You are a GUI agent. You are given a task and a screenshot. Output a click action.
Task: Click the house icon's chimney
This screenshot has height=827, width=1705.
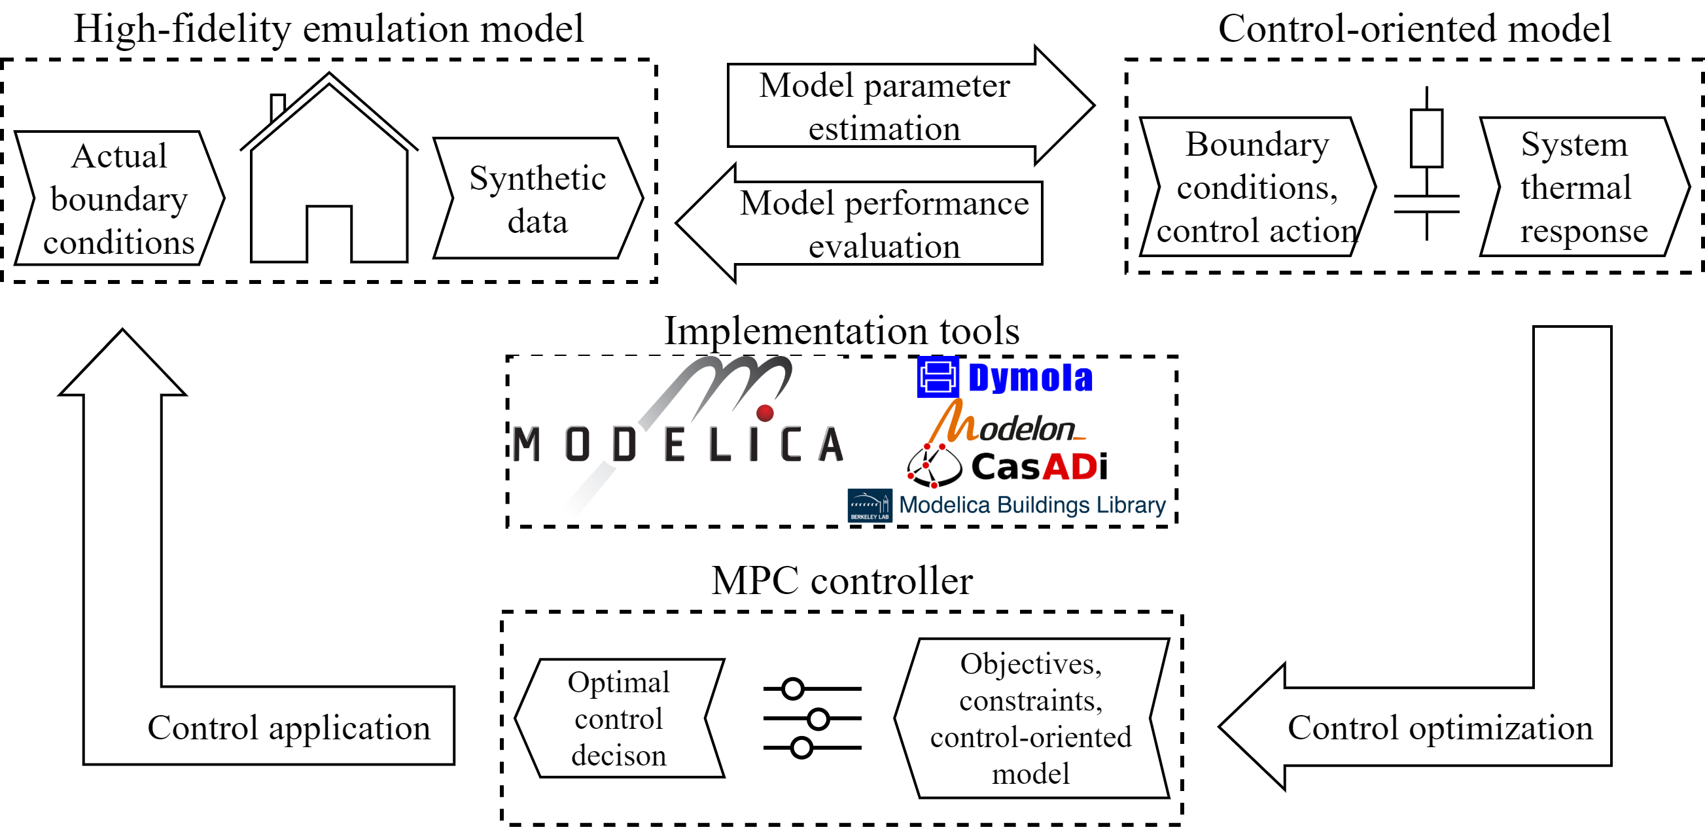click(x=278, y=107)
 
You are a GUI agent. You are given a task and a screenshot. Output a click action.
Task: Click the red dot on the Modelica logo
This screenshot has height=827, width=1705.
click(x=765, y=412)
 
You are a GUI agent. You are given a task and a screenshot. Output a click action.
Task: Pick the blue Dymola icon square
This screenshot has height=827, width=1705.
click(x=937, y=377)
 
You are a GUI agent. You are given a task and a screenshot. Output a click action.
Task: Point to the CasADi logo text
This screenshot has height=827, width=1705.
click(x=1039, y=466)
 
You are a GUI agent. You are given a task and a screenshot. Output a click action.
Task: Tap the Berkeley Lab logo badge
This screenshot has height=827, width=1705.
click(x=870, y=505)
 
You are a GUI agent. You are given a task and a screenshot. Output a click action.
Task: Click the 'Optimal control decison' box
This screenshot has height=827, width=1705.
click(x=620, y=718)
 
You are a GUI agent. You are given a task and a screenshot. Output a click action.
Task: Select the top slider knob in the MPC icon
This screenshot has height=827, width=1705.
click(x=792, y=688)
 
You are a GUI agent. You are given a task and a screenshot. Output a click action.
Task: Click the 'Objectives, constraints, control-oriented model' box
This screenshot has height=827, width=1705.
click(x=1032, y=718)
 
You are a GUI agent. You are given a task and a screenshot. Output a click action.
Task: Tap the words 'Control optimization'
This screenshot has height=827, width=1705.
click(x=1440, y=728)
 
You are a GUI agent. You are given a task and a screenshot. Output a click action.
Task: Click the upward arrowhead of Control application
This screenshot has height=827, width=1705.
click(x=122, y=362)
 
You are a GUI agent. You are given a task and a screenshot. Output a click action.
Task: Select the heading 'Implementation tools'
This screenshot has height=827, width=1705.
click(x=842, y=330)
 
